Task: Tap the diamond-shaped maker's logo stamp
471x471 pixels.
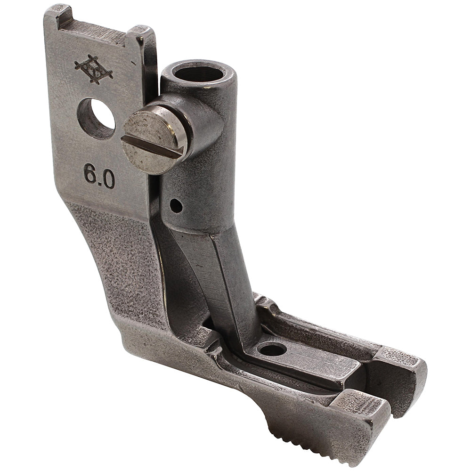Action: [x=93, y=69]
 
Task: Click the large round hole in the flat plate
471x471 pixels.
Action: [x=96, y=118]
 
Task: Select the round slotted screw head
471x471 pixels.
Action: [x=152, y=142]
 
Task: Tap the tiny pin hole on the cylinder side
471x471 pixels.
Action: [x=176, y=205]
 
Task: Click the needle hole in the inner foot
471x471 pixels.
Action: [x=273, y=349]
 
